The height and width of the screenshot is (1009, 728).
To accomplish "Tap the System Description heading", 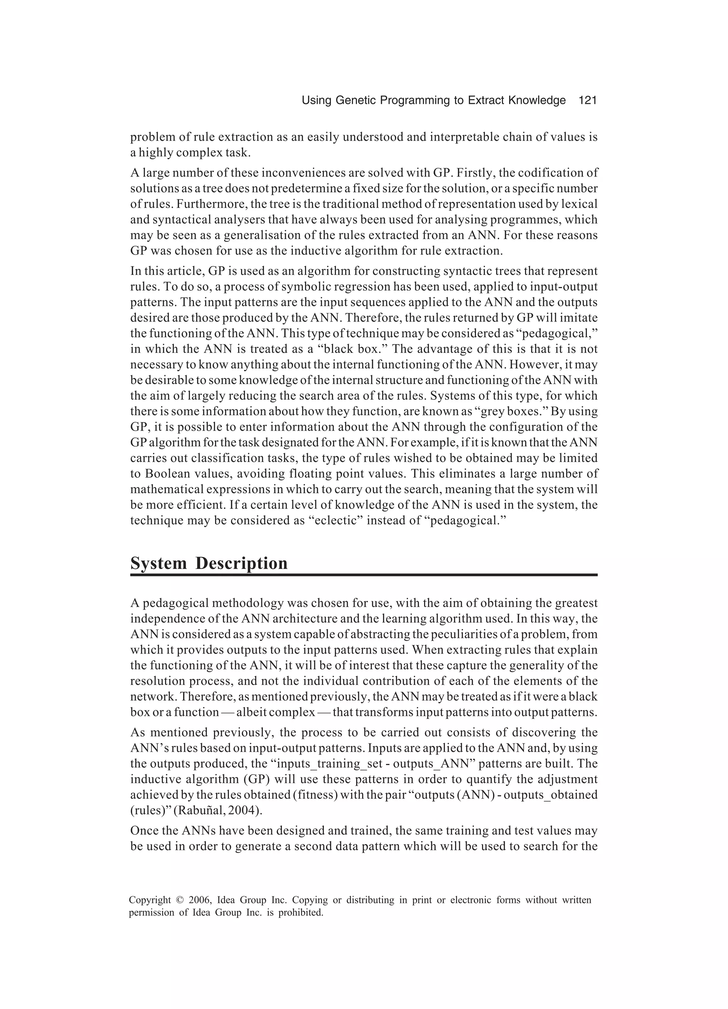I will pos(209,563).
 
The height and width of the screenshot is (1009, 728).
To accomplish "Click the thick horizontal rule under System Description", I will pos(363,575).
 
